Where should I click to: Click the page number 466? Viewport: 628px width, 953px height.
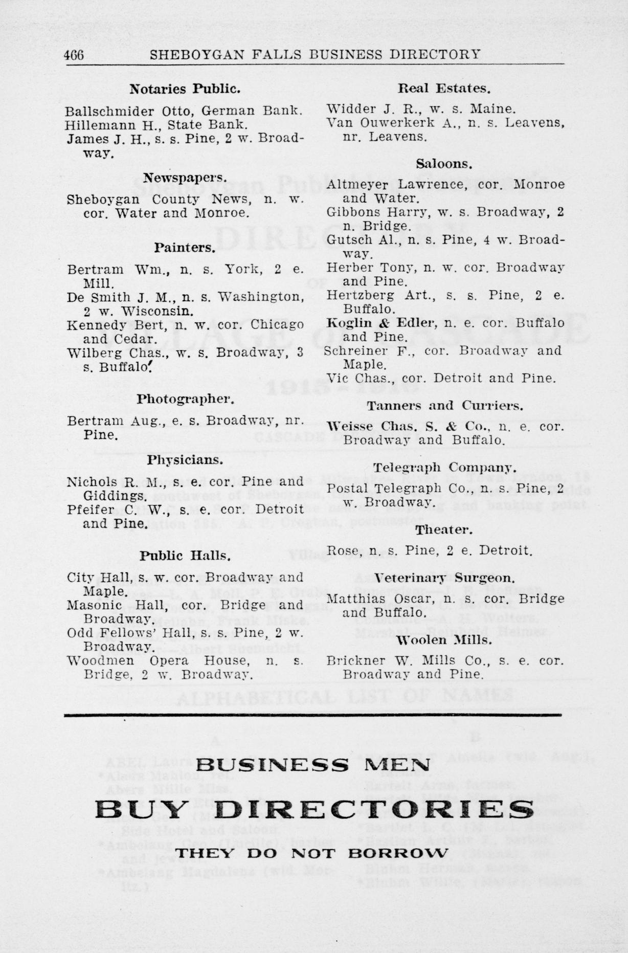[75, 55]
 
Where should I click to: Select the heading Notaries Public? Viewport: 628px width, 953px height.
[185, 89]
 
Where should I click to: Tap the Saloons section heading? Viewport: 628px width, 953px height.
[443, 164]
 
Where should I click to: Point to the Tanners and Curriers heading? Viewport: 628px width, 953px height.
[445, 406]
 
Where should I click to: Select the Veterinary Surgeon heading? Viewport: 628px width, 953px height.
[444, 579]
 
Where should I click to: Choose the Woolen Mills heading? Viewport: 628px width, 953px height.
[444, 640]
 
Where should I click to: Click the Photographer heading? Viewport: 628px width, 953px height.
[185, 399]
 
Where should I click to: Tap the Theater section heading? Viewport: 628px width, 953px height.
[443, 530]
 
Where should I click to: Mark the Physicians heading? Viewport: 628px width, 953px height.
[185, 460]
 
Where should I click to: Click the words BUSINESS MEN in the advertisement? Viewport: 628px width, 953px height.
[313, 765]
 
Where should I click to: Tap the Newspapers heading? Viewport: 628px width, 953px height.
[185, 178]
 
